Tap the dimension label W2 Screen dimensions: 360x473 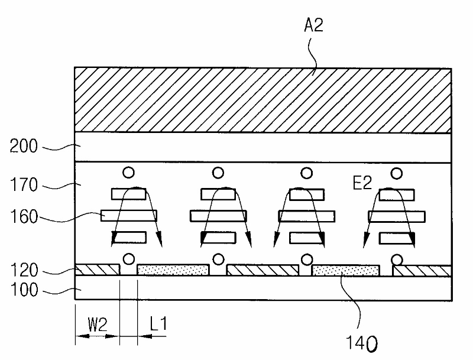coord(98,325)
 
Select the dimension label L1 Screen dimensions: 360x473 coord(158,325)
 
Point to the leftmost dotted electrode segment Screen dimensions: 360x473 coord(173,270)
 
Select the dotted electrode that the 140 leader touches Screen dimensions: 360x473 coord(345,270)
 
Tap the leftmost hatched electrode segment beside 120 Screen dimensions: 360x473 coord(98,270)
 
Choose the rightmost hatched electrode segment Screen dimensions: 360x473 coord(422,270)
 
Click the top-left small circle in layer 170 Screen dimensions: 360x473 coord(128,173)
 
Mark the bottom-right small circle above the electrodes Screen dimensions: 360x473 coord(397,260)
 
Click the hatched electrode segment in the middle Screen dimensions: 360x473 coord(263,270)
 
